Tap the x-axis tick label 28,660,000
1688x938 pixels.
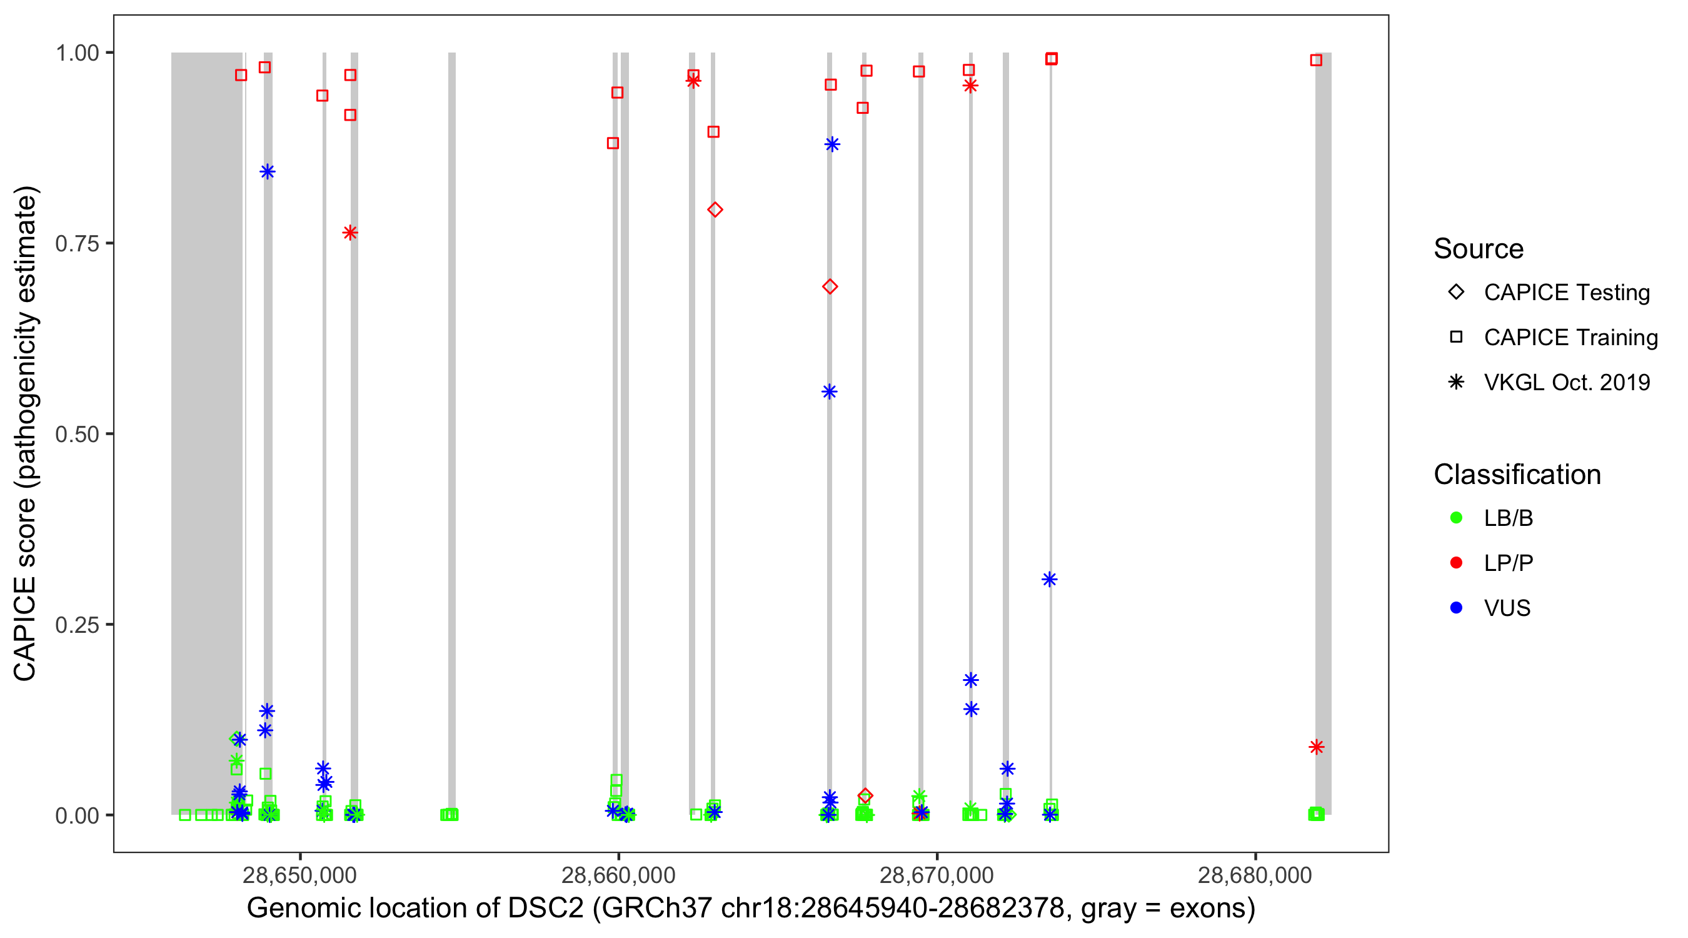coord(618,874)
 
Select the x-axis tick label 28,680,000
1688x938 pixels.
coord(1255,874)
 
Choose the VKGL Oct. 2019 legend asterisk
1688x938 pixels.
coord(1456,382)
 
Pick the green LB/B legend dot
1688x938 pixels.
coord(1456,518)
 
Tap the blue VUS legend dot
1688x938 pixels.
coord(1456,608)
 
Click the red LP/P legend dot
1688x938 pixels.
coord(1456,563)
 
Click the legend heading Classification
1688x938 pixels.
coord(1517,475)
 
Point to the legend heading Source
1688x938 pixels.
coord(1479,249)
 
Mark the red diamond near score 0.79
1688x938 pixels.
coord(715,209)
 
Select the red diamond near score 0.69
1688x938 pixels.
coord(830,286)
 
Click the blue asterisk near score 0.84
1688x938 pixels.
coord(268,172)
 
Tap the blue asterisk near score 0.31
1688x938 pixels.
coord(1049,580)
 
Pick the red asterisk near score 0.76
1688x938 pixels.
coord(350,233)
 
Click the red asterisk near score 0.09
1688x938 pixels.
coord(1316,747)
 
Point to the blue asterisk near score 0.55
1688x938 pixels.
coord(829,392)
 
